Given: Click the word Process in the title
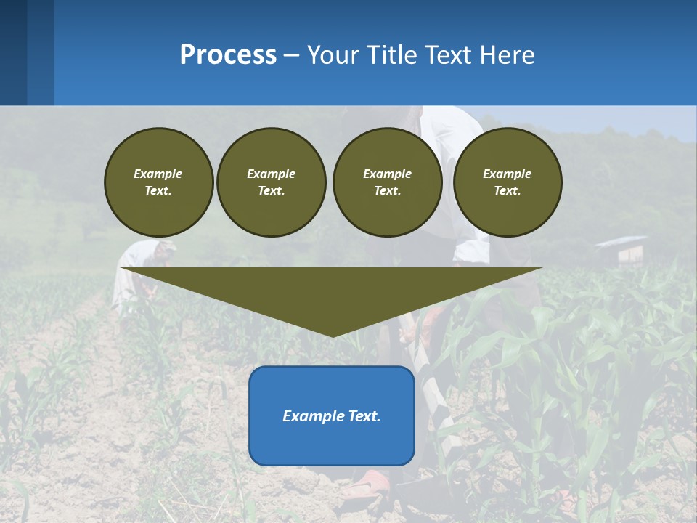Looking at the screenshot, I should pos(228,55).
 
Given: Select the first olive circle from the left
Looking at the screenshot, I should pos(158,182).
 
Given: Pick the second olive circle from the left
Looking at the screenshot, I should pos(272,182).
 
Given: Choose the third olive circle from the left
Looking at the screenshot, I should pos(387,182).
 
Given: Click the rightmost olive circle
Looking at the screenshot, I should pos(508,182).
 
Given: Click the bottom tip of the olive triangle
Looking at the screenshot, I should pos(333,335).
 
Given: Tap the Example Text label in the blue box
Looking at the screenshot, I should pos(332,416).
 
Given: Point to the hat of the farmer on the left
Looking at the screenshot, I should pos(165,246).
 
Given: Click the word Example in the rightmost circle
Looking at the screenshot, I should pos(507,174).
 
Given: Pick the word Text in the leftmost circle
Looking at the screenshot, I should pos(158,191).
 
